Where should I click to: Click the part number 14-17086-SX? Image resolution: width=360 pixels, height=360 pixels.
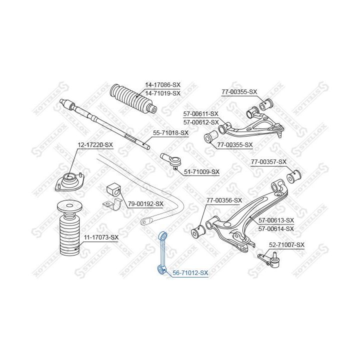[162, 84]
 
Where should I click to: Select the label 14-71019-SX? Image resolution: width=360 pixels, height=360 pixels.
[162, 93]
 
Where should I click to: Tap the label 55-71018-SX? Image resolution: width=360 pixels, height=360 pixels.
[170, 132]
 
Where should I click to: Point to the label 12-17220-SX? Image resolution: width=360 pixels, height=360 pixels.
[95, 145]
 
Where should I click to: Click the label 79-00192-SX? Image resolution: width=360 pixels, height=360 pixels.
[145, 203]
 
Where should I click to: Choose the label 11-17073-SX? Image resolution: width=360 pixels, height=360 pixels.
[101, 237]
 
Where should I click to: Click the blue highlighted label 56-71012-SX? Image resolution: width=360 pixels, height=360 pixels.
[190, 273]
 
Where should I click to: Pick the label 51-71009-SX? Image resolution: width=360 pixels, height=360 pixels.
[202, 171]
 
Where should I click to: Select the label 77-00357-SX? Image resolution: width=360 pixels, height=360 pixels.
[268, 162]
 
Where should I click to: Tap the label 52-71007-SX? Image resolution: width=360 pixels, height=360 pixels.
[287, 245]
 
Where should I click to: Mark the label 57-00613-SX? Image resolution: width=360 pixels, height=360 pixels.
[276, 220]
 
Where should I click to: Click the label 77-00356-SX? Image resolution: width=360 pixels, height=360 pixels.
[224, 200]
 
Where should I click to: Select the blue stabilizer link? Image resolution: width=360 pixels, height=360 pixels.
[162, 253]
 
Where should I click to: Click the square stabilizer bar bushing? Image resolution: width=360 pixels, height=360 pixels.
[113, 189]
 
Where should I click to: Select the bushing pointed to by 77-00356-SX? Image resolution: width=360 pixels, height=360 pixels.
[198, 231]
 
